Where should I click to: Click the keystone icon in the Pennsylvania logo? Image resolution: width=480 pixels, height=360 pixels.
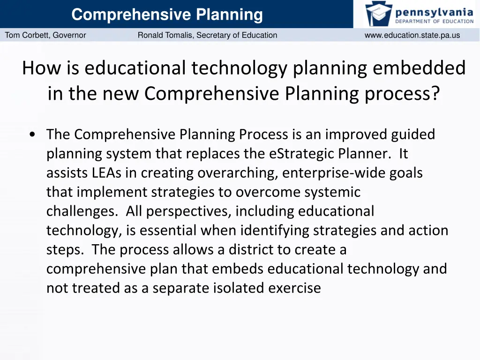(x=378, y=14)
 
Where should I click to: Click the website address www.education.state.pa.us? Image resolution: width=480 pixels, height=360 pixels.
(x=412, y=35)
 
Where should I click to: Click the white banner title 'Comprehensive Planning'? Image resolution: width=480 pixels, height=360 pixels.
(x=167, y=15)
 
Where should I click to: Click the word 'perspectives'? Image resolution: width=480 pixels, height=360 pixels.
(x=187, y=211)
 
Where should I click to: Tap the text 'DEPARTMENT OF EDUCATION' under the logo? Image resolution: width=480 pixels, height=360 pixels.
(x=434, y=21)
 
